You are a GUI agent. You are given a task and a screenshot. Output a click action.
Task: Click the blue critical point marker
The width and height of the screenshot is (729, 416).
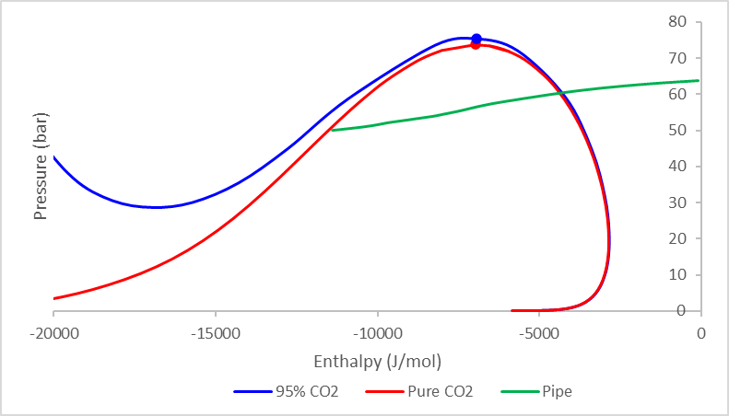[476, 39]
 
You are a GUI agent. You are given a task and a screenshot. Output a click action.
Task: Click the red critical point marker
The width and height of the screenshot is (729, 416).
[476, 44]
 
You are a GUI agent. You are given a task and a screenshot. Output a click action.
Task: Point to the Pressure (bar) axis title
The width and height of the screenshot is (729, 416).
[40, 167]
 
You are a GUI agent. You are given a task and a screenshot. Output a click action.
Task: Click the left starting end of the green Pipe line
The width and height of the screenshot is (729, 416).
[332, 130]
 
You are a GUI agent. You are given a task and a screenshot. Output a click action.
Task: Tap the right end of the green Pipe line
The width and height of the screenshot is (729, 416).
[700, 80]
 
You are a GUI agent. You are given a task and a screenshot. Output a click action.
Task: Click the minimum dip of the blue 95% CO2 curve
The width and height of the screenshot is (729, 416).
[157, 207]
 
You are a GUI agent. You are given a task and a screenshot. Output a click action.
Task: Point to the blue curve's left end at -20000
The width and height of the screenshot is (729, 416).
[54, 157]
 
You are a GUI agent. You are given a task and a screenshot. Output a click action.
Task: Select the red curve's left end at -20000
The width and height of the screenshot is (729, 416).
[55, 298]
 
